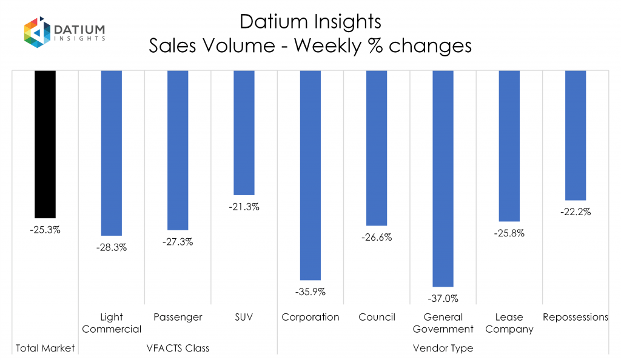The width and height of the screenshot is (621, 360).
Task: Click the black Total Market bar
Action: pos(45,144)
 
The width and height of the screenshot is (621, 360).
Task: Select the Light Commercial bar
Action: pos(112,153)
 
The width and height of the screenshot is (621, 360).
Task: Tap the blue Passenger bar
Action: pos(178,150)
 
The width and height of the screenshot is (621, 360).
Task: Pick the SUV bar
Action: pos(244,132)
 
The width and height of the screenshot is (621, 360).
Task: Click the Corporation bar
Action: pos(310,175)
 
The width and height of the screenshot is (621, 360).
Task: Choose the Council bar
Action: pos(377,148)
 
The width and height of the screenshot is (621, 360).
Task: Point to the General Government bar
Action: pos(443,178)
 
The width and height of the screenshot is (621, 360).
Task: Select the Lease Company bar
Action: pos(509,145)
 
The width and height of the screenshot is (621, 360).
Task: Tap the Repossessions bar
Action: pos(575,135)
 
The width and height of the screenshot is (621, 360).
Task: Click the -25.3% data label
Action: pos(45,230)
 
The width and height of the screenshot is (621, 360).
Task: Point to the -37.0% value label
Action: pos(443,298)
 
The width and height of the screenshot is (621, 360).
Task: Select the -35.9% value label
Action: pos(310,292)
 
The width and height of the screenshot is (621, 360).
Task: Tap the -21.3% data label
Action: pos(244,207)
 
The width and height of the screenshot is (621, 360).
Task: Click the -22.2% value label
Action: pos(575,212)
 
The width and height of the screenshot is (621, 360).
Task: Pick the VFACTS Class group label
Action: pos(178,348)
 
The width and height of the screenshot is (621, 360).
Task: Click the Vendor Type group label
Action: pos(443,348)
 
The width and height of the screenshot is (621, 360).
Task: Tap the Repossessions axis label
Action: pos(575,317)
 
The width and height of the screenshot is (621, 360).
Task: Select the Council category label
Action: pos(377,317)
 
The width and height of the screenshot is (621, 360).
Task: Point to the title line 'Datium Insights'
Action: pos(310,22)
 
